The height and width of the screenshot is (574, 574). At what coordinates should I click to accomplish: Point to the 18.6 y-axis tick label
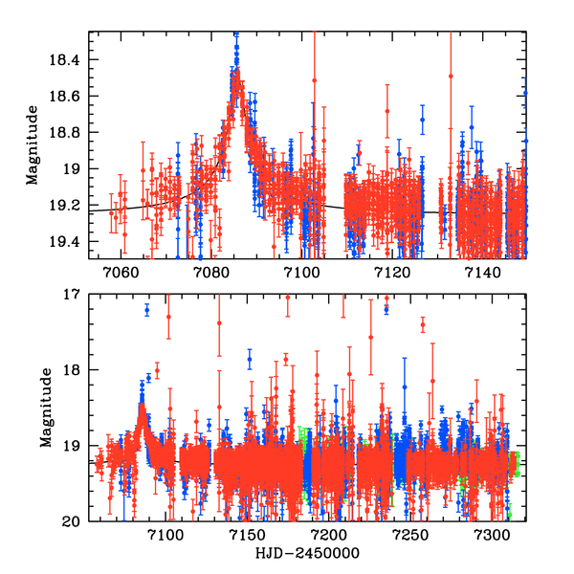[x=70, y=97]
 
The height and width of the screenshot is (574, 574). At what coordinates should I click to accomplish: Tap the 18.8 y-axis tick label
[x=70, y=133]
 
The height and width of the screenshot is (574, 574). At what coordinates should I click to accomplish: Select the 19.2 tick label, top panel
[x=70, y=205]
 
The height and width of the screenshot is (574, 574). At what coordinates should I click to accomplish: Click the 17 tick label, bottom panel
[x=76, y=295]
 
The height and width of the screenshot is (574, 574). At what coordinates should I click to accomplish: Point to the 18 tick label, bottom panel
[x=76, y=370]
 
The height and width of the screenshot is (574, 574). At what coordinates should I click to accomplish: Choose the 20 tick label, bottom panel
[x=76, y=521]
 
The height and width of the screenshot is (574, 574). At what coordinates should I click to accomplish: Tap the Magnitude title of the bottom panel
[x=46, y=408]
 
